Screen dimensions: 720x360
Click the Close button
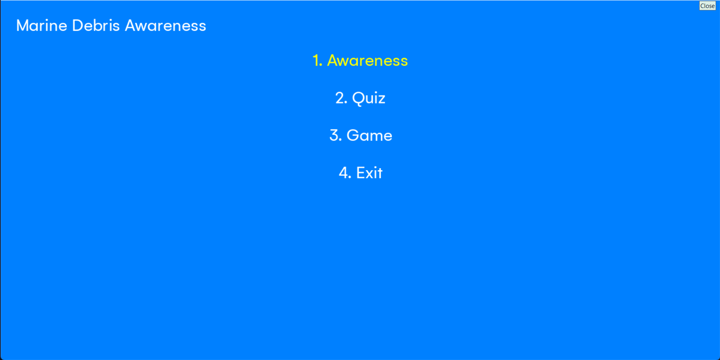707,6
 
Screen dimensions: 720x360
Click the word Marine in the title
42,26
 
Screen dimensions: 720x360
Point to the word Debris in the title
96,26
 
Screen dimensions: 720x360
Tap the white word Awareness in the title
165,26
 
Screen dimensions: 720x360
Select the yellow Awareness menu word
368,61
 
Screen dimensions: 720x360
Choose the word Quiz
369,98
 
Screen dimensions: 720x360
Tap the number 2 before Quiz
341,98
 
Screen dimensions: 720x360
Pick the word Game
370,135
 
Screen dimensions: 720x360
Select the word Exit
370,173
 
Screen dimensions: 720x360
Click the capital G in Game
353,135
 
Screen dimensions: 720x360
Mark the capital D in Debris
78,26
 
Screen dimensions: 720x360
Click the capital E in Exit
360,173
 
